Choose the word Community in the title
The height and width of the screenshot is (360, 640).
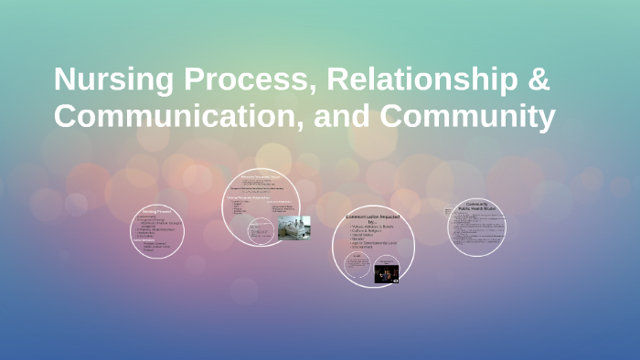coord(467,116)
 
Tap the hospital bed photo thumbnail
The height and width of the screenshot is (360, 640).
coord(293,228)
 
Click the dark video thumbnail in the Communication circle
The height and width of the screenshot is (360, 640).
coord(386,272)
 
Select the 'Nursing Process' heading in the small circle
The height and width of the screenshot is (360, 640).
coord(158,209)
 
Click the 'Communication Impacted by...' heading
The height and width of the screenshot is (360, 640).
coord(373,220)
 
